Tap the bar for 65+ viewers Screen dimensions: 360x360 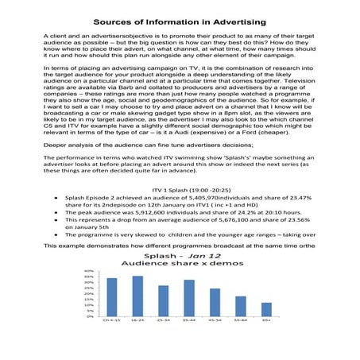(x=266, y=309)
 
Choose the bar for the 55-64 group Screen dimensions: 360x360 (x=241, y=307)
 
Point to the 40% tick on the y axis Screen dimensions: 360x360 (x=89, y=271)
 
